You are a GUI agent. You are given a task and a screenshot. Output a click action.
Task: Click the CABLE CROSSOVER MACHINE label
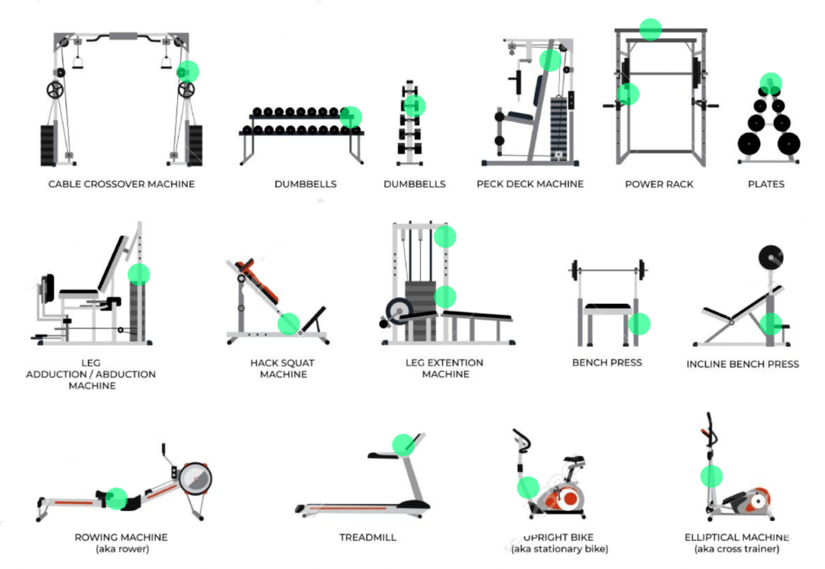[121, 184]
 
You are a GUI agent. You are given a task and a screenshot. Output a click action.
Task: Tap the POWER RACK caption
[658, 184]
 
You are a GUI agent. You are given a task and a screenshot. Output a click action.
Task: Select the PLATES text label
[766, 184]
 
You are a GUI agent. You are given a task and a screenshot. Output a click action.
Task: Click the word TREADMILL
[367, 537]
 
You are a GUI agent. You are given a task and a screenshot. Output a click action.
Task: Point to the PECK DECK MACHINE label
[530, 184]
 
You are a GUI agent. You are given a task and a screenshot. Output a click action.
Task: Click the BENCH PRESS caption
[607, 362]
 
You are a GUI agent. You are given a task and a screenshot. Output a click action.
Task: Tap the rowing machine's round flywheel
[196, 479]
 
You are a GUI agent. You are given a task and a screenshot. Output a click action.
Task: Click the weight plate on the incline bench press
[771, 257]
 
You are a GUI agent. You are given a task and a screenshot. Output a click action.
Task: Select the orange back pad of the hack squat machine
[258, 280]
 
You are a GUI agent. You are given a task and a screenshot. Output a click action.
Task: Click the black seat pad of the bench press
[608, 306]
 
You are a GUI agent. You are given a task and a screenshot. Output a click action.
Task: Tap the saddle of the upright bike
[575, 460]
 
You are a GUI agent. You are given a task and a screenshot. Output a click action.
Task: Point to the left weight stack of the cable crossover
[48, 146]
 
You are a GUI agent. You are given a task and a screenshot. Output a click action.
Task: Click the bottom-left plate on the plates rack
[749, 143]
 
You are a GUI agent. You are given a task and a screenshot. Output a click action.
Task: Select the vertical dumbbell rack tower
[410, 123]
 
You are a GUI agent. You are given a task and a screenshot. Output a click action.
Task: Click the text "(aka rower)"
[122, 549]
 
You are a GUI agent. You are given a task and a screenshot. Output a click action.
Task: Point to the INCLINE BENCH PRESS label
[742, 364]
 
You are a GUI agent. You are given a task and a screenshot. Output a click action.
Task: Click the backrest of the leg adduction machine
[112, 263]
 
